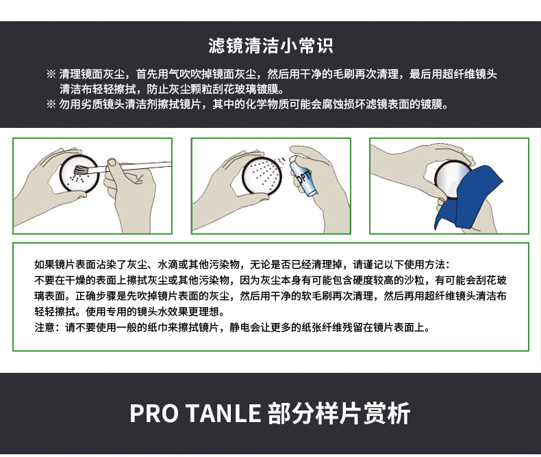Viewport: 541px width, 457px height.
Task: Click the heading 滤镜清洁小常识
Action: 270,46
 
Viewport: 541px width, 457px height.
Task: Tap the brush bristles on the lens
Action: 81,170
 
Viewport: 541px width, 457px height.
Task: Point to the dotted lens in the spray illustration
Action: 262,176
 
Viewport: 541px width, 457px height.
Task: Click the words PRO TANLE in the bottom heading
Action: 195,413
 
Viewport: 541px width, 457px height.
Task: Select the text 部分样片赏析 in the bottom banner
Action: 339,413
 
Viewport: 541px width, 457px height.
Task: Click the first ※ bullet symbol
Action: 51,74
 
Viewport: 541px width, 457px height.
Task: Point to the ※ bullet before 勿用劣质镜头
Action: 51,104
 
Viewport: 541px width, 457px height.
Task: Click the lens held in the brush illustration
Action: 79,172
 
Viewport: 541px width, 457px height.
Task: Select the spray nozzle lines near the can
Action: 281,160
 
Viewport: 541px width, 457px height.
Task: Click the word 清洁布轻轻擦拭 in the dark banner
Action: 97,89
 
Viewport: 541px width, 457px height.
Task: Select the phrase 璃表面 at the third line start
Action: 50,296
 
